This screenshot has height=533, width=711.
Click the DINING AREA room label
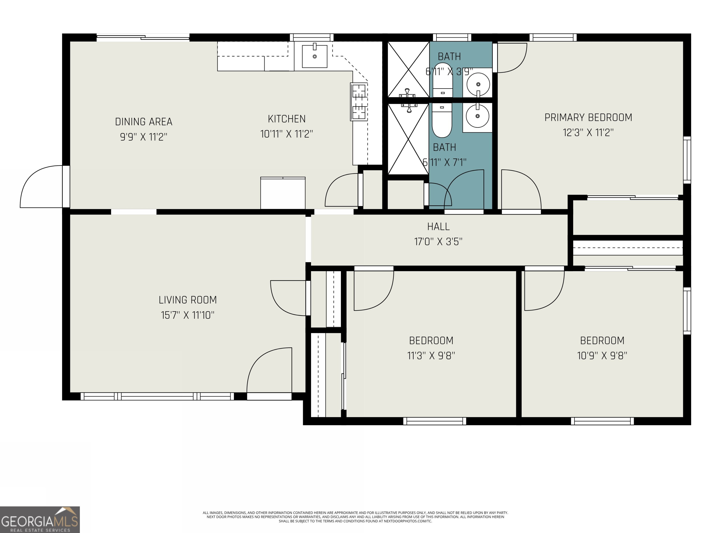(x=144, y=122)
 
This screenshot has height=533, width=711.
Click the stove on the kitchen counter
(x=359, y=102)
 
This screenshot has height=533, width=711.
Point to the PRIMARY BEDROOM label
(x=588, y=118)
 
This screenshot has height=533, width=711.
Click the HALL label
(x=438, y=227)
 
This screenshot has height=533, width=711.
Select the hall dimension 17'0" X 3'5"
(x=438, y=242)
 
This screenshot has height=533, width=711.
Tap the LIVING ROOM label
(x=188, y=300)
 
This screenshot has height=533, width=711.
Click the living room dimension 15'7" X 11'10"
(x=188, y=315)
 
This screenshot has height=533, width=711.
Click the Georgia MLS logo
(x=40, y=520)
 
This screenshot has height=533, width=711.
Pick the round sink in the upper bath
(x=478, y=84)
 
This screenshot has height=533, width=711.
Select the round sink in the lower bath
(x=477, y=116)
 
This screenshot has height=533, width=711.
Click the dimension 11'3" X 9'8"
(x=431, y=356)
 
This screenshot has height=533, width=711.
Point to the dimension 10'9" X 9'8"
(x=602, y=356)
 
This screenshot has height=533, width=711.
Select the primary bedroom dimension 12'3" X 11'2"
(x=588, y=132)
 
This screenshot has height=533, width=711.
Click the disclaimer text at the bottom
(x=355, y=517)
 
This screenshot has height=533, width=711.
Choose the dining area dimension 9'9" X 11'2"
(x=144, y=137)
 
